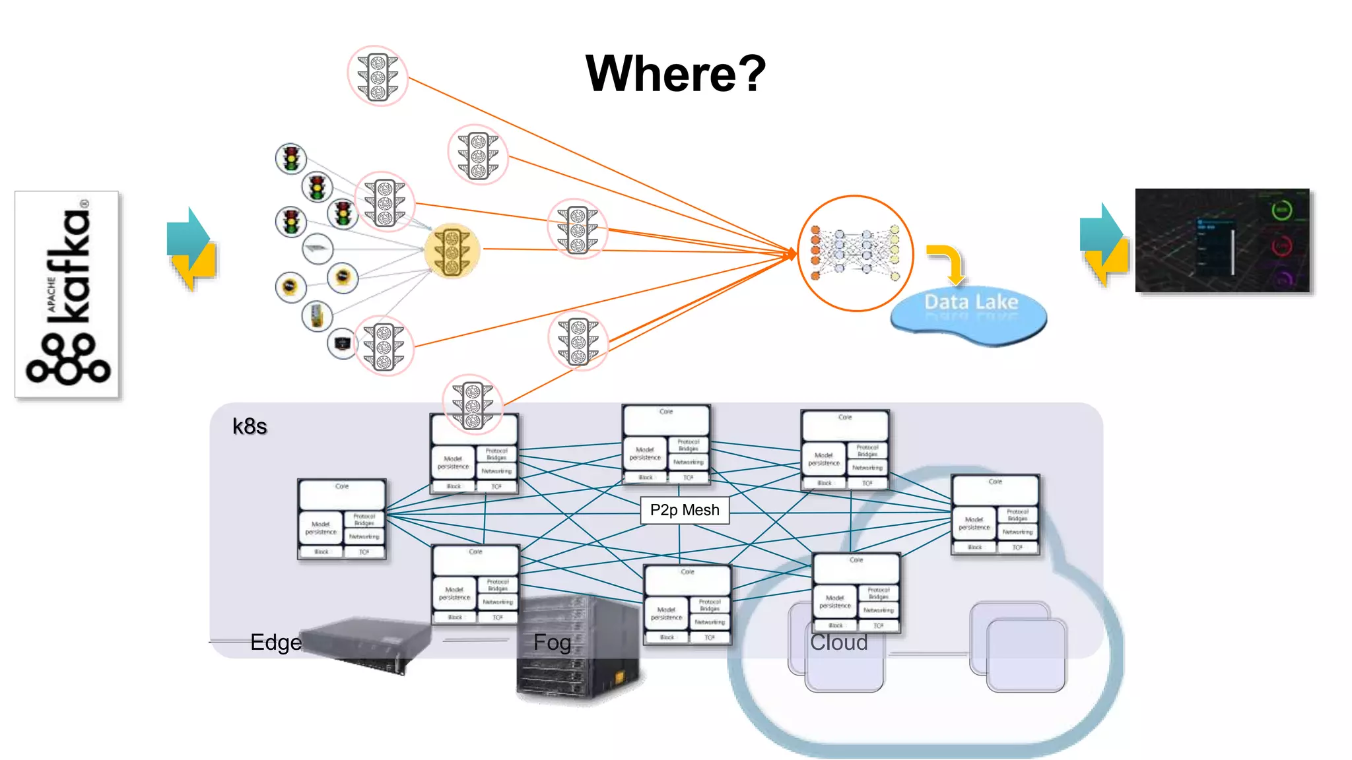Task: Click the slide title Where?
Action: (x=675, y=73)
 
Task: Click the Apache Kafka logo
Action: (x=67, y=294)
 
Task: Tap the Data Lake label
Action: (x=970, y=303)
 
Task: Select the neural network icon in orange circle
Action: (x=856, y=253)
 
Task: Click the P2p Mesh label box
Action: (x=685, y=510)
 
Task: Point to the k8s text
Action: (x=250, y=426)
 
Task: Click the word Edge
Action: (x=276, y=642)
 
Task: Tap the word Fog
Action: (x=552, y=642)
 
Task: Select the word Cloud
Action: (x=838, y=642)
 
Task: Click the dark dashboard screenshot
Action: (x=1222, y=241)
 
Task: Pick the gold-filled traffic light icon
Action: (x=452, y=251)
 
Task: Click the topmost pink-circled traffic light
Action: (x=378, y=76)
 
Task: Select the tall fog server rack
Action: (x=578, y=650)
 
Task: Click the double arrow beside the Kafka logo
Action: (x=191, y=249)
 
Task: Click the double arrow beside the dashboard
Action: (x=1104, y=245)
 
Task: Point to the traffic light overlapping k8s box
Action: (x=473, y=404)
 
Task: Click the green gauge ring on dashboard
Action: (x=1281, y=210)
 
